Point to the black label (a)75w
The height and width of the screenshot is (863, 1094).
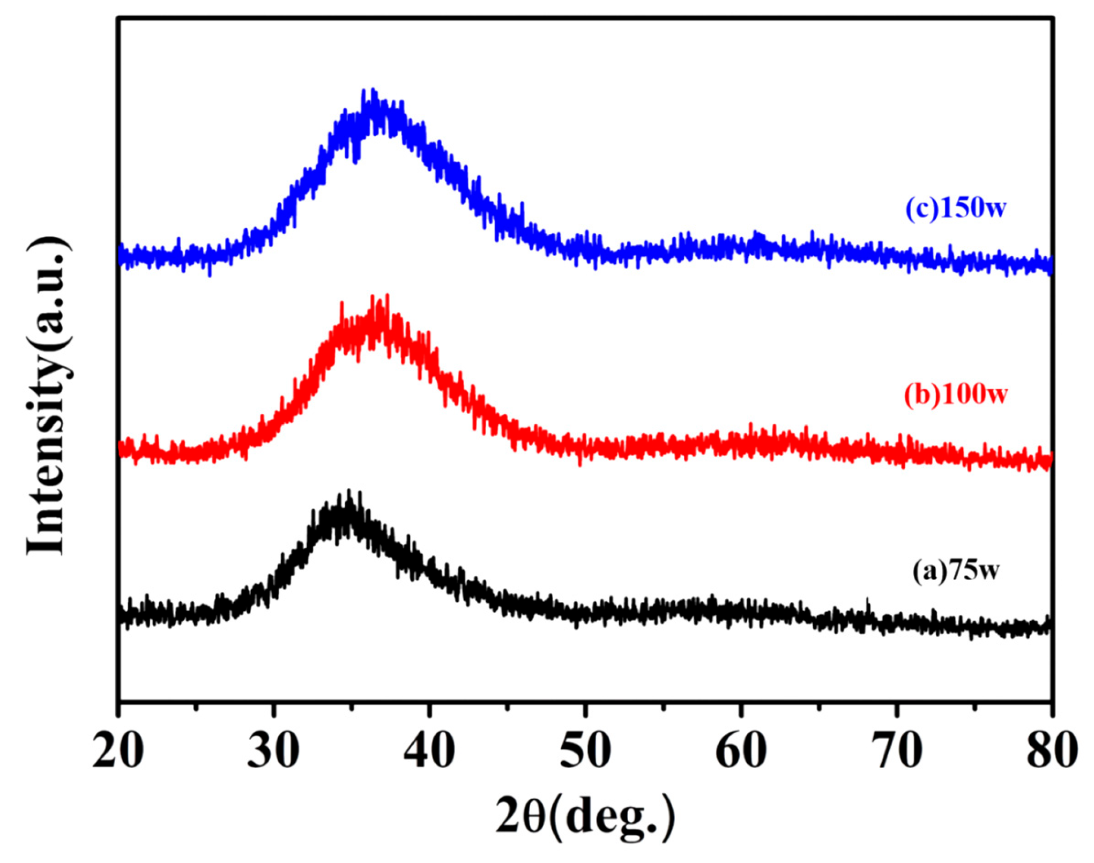pos(956,570)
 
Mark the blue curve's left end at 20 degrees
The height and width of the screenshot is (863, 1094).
pos(120,256)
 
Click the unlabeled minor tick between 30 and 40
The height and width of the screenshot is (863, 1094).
pos(352,707)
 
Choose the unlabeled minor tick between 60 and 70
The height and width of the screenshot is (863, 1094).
pos(819,707)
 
